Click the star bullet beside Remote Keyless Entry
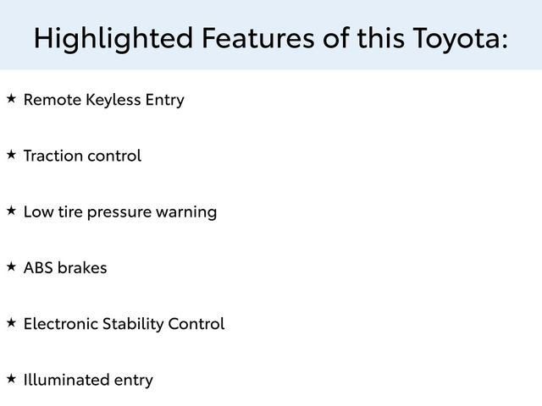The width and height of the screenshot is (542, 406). point(11,99)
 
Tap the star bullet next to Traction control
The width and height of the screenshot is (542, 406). point(11,155)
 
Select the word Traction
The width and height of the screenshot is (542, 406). point(53,156)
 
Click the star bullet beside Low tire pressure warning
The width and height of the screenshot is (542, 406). point(11,211)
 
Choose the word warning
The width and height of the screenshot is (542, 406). point(186,212)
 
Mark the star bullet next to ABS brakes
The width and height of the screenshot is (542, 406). point(11,266)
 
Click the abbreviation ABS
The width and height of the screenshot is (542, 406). point(38,268)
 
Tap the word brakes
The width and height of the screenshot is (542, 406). point(82,268)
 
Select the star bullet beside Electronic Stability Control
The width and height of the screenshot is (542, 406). point(11,322)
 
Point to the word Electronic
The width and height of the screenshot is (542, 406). point(62,324)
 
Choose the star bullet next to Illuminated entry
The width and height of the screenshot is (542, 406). point(11,378)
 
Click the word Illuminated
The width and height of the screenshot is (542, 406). point(66,380)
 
